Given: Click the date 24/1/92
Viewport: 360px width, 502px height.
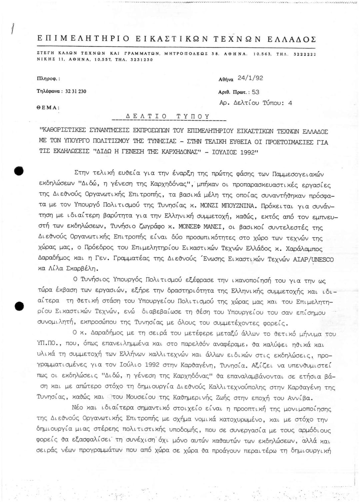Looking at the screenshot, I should (x=250, y=78).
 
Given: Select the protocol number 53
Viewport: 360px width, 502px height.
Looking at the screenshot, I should (x=256, y=92).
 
